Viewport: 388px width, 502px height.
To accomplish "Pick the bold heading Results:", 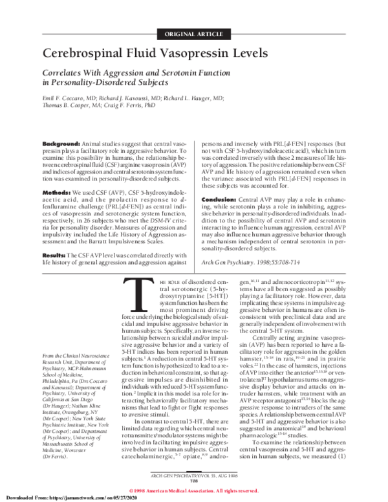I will pyautogui.click(x=55, y=239).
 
